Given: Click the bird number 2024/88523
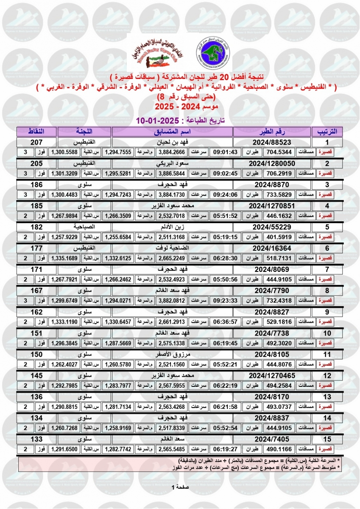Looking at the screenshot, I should tap(271, 142).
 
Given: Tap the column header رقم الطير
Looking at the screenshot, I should tap(271, 131).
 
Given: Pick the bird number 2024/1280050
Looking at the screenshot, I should tap(271, 163).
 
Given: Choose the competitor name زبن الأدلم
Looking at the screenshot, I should tap(172, 227).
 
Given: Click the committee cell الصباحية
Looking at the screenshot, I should tap(84, 227).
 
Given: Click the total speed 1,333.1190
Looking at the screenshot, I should tap(65, 322).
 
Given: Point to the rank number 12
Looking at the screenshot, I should tap(327, 375).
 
